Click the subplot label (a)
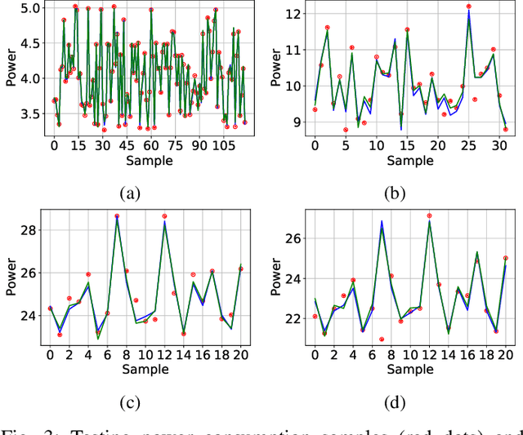pos(130,193)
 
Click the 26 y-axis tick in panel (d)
pos(295,238)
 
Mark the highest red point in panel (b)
pos(469,7)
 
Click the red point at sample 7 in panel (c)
pos(117,216)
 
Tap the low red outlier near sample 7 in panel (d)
pos(382,340)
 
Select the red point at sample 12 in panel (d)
pos(430,215)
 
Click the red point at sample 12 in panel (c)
pos(164,216)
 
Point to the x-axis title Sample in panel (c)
pos(145,369)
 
